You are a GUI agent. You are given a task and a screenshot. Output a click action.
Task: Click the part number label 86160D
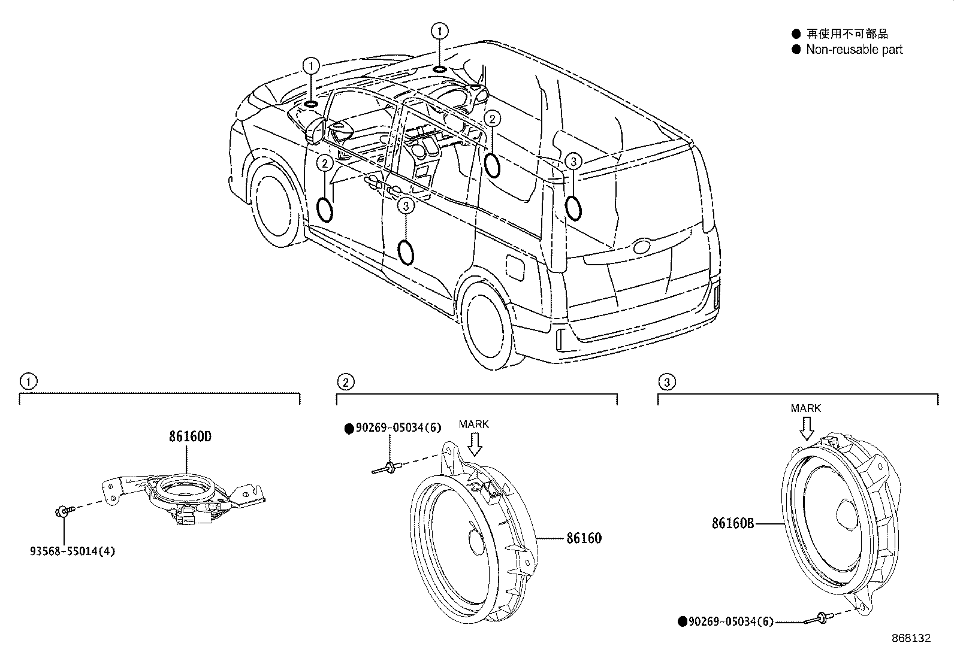(x=189, y=436)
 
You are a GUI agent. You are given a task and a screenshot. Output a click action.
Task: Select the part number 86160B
(x=732, y=523)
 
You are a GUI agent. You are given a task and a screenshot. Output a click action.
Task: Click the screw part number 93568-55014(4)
(x=72, y=550)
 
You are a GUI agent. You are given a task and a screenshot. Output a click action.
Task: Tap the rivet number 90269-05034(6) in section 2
(x=398, y=428)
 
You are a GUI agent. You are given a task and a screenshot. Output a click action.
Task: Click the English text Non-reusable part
(x=853, y=50)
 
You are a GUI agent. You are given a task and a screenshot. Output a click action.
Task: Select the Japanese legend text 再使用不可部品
(x=847, y=34)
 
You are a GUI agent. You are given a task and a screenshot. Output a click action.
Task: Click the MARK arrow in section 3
(x=807, y=427)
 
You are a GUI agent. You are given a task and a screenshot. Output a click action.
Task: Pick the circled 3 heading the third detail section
(x=666, y=381)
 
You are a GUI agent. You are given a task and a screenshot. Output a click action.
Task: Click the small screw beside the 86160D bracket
(x=63, y=511)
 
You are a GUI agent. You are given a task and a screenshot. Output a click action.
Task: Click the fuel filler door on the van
(x=515, y=267)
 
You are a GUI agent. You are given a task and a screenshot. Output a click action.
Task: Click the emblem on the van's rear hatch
(x=641, y=246)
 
